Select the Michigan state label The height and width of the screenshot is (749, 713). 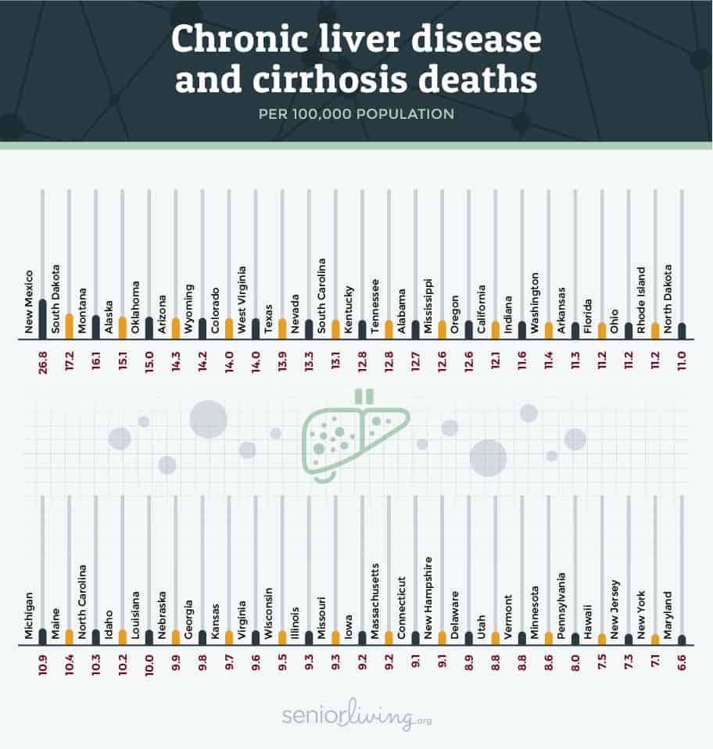pos(30,618)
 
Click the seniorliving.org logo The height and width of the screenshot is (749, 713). pos(356,716)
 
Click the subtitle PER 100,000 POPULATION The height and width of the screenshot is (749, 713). pos(356,113)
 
